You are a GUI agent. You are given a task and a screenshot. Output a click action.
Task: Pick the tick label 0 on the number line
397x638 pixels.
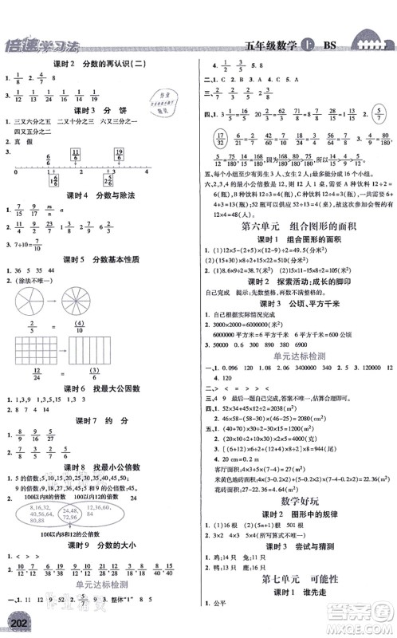(15, 171)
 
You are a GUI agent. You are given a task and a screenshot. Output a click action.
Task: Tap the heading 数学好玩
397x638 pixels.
(300, 522)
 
